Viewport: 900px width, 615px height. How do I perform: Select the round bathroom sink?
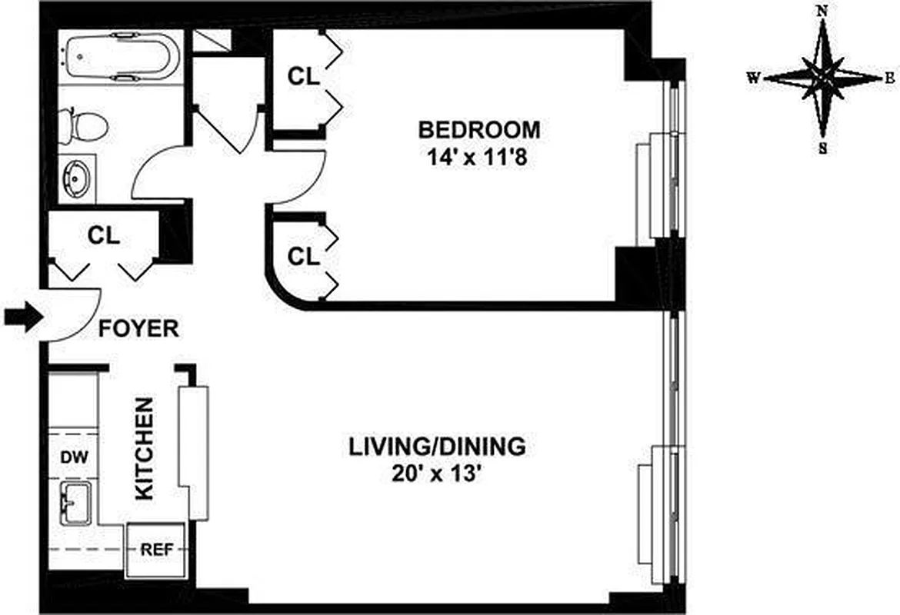tap(78, 178)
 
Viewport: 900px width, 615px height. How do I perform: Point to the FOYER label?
tap(138, 329)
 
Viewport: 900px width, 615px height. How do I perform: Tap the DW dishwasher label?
tap(75, 457)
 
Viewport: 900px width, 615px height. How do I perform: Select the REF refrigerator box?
tap(155, 549)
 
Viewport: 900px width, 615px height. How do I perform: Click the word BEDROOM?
tap(478, 128)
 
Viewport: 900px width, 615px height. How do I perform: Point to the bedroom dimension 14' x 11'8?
tap(478, 159)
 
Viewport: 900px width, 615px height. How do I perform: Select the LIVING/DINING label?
tap(437, 445)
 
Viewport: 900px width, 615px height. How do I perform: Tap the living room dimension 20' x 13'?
tap(437, 474)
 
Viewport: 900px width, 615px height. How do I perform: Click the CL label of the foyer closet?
tap(103, 237)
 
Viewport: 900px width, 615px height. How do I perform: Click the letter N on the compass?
tap(822, 11)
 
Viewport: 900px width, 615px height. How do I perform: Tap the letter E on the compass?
tap(889, 77)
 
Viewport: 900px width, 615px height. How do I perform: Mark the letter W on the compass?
tap(755, 78)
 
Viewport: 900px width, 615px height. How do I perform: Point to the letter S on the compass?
tap(823, 149)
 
